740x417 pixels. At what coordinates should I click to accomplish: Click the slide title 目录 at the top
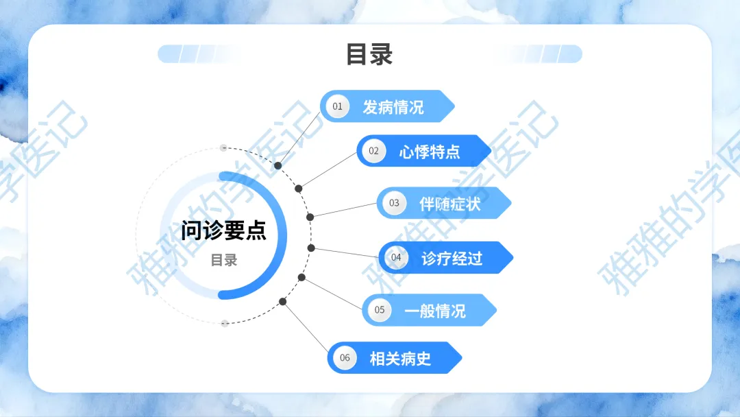(x=369, y=54)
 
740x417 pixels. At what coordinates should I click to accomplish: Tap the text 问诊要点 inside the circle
(x=223, y=230)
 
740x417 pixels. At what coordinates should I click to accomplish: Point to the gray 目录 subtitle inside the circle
(x=223, y=261)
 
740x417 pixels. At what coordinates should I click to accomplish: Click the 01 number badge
(x=337, y=106)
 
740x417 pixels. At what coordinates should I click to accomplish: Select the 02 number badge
(x=373, y=151)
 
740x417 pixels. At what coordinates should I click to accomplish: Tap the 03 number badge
(x=394, y=203)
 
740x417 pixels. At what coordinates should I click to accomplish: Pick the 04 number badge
(x=396, y=258)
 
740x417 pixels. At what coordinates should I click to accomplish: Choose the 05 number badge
(x=380, y=310)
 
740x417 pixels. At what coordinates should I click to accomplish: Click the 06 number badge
(x=345, y=357)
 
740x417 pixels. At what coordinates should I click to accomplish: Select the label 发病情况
(x=393, y=107)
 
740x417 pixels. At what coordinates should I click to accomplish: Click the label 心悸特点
(x=430, y=152)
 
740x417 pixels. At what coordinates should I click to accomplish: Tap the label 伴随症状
(x=450, y=204)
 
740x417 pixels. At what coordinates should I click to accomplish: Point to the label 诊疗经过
(x=452, y=259)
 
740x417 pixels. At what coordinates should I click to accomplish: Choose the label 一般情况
(x=435, y=311)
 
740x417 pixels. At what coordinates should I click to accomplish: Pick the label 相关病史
(x=401, y=358)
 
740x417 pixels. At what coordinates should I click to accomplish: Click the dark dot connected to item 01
(x=278, y=166)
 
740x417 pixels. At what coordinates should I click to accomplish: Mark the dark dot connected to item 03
(x=310, y=217)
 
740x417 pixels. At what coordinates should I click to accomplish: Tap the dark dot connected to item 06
(x=283, y=301)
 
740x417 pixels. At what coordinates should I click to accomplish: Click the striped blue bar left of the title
(x=199, y=54)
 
